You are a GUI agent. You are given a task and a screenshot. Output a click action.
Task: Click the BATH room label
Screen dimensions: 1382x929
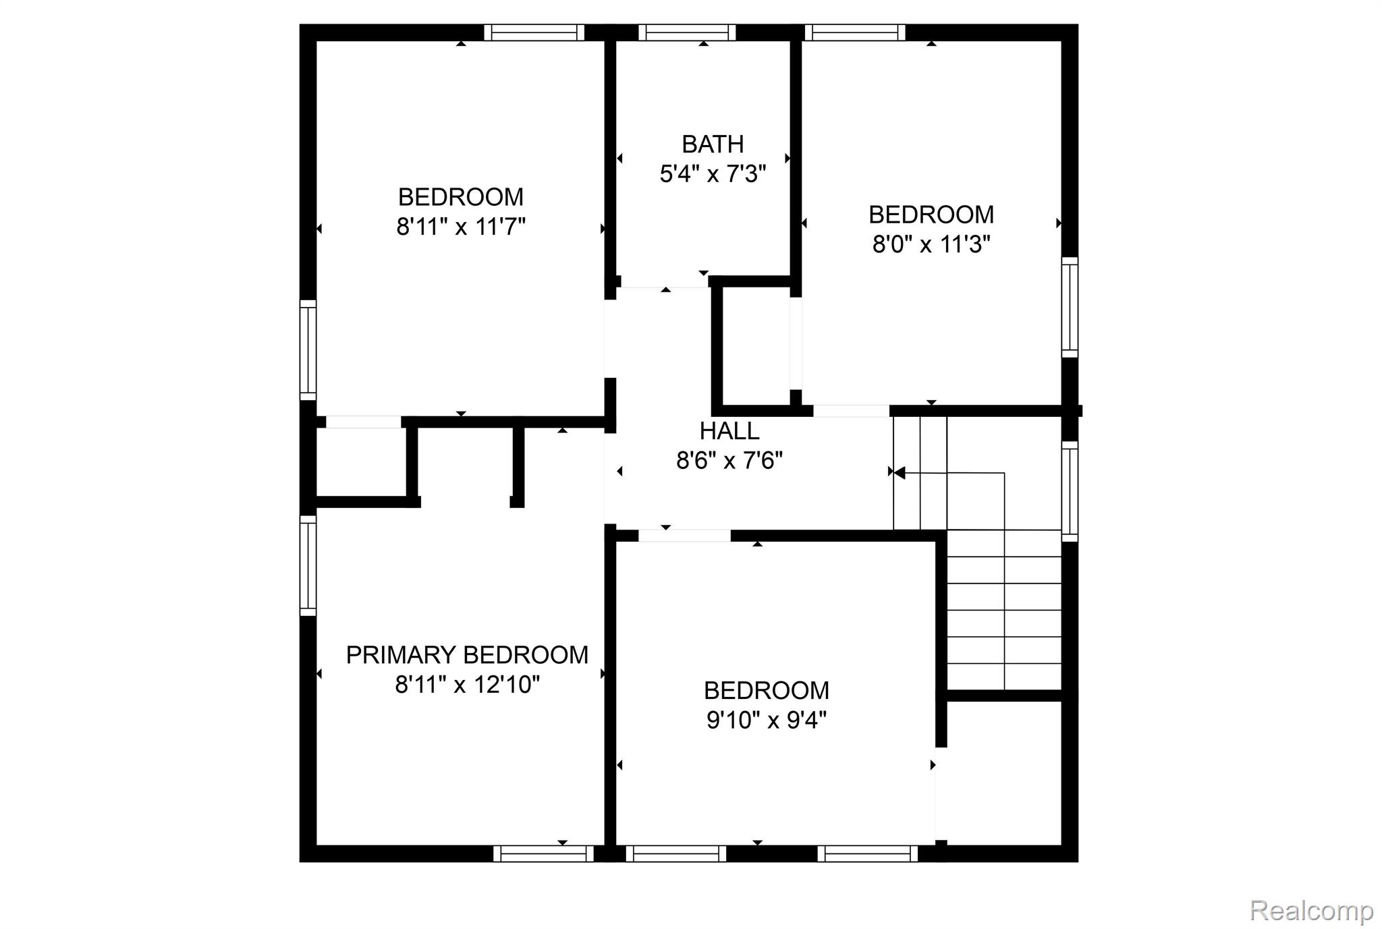point(713,144)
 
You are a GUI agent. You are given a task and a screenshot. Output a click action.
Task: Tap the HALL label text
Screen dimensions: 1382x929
point(729,431)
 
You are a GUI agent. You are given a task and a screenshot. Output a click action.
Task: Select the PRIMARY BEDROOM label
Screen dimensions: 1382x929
point(467,655)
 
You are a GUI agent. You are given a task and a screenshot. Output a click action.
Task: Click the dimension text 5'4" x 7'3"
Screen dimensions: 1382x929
point(713,175)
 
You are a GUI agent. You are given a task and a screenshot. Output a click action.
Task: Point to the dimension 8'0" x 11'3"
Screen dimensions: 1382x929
point(931,244)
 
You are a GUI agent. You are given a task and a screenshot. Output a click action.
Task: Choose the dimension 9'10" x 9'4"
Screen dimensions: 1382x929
point(767,721)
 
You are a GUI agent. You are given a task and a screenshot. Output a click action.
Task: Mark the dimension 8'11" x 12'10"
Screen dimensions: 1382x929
point(468,685)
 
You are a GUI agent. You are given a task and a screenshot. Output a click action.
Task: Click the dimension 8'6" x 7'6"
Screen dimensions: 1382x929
point(729,461)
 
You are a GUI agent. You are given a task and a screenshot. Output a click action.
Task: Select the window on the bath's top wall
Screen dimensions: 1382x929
point(687,32)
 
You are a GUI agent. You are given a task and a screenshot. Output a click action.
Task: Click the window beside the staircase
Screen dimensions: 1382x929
point(1070,491)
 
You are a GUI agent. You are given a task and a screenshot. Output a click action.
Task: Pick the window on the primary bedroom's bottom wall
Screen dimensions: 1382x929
point(543,853)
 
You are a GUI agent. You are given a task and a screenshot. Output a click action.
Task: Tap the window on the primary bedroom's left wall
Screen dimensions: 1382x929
point(308,565)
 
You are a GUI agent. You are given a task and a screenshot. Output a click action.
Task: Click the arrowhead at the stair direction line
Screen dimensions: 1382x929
point(899,473)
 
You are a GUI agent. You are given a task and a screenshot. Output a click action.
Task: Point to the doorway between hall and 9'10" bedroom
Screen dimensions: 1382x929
point(684,536)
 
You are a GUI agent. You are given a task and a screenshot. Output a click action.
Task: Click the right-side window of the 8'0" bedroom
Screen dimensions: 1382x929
point(1070,307)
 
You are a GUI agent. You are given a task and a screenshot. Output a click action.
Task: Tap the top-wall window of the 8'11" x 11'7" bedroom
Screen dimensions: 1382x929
point(534,32)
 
